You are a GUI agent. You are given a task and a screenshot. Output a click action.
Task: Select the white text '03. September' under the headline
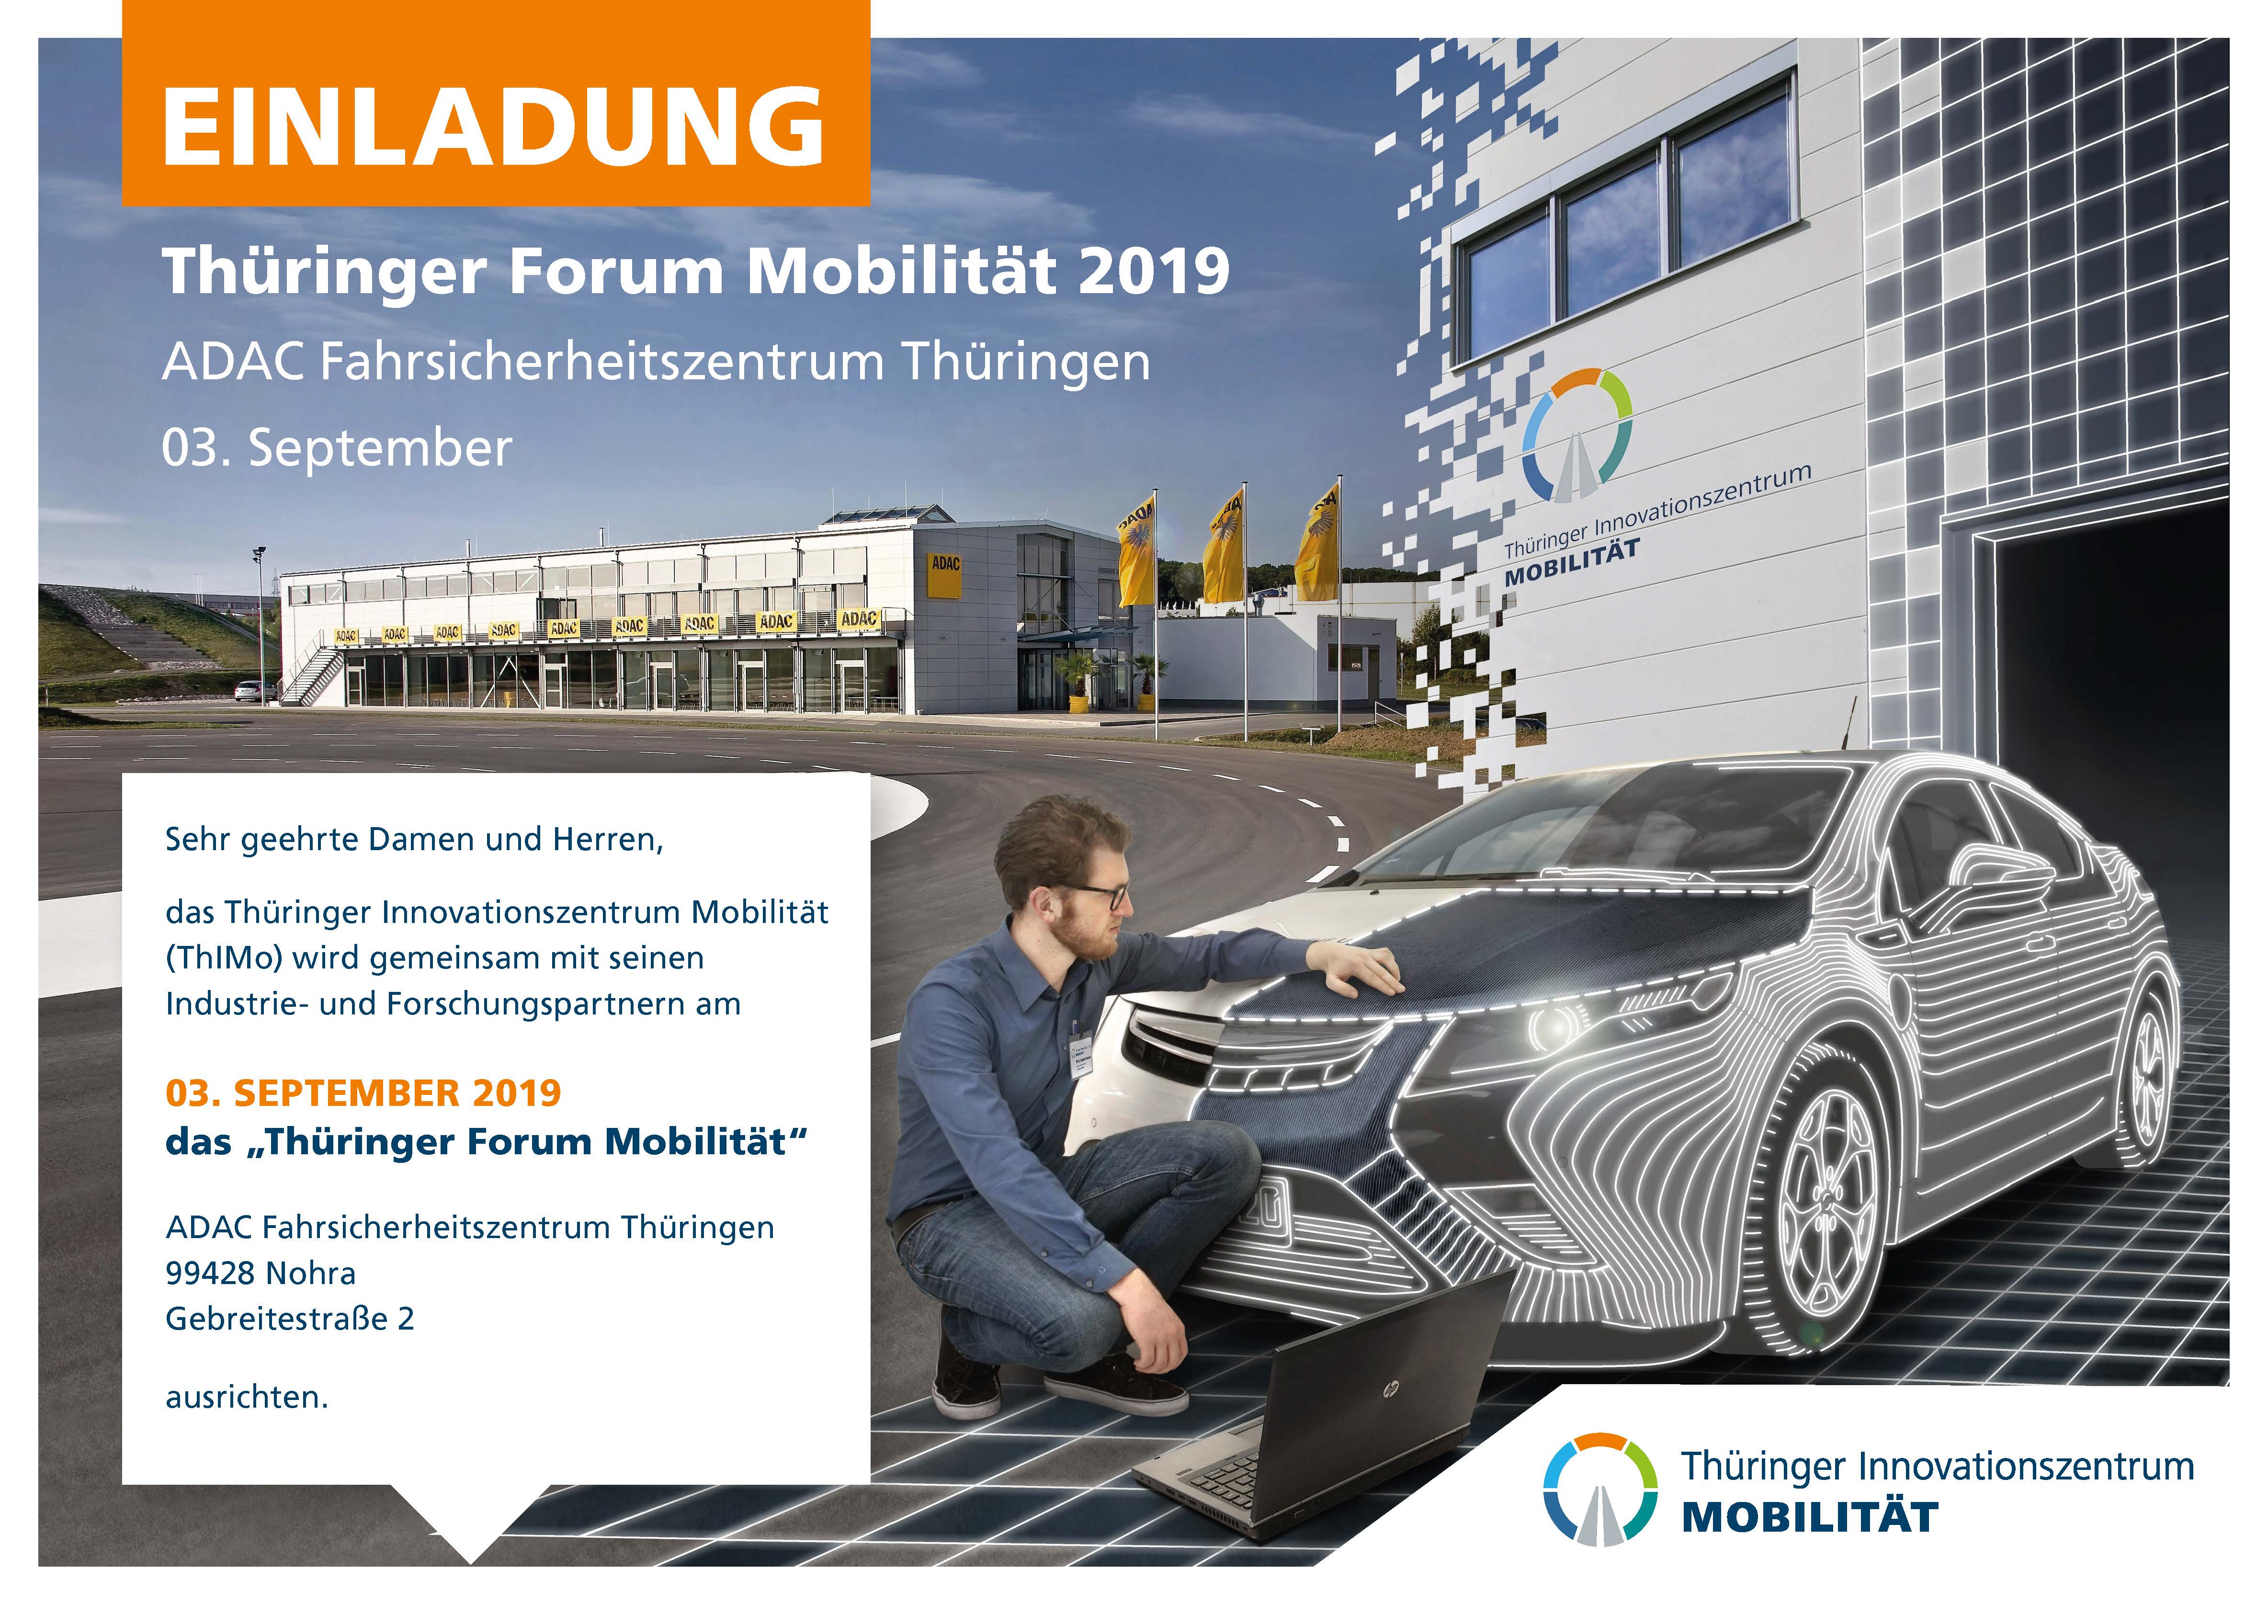pos(337,448)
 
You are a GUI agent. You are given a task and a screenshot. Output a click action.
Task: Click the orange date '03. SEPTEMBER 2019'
pos(363,1093)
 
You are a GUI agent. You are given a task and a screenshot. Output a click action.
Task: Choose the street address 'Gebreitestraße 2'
pos(289,1319)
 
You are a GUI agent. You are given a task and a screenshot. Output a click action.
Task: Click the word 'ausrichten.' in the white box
pos(247,1398)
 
